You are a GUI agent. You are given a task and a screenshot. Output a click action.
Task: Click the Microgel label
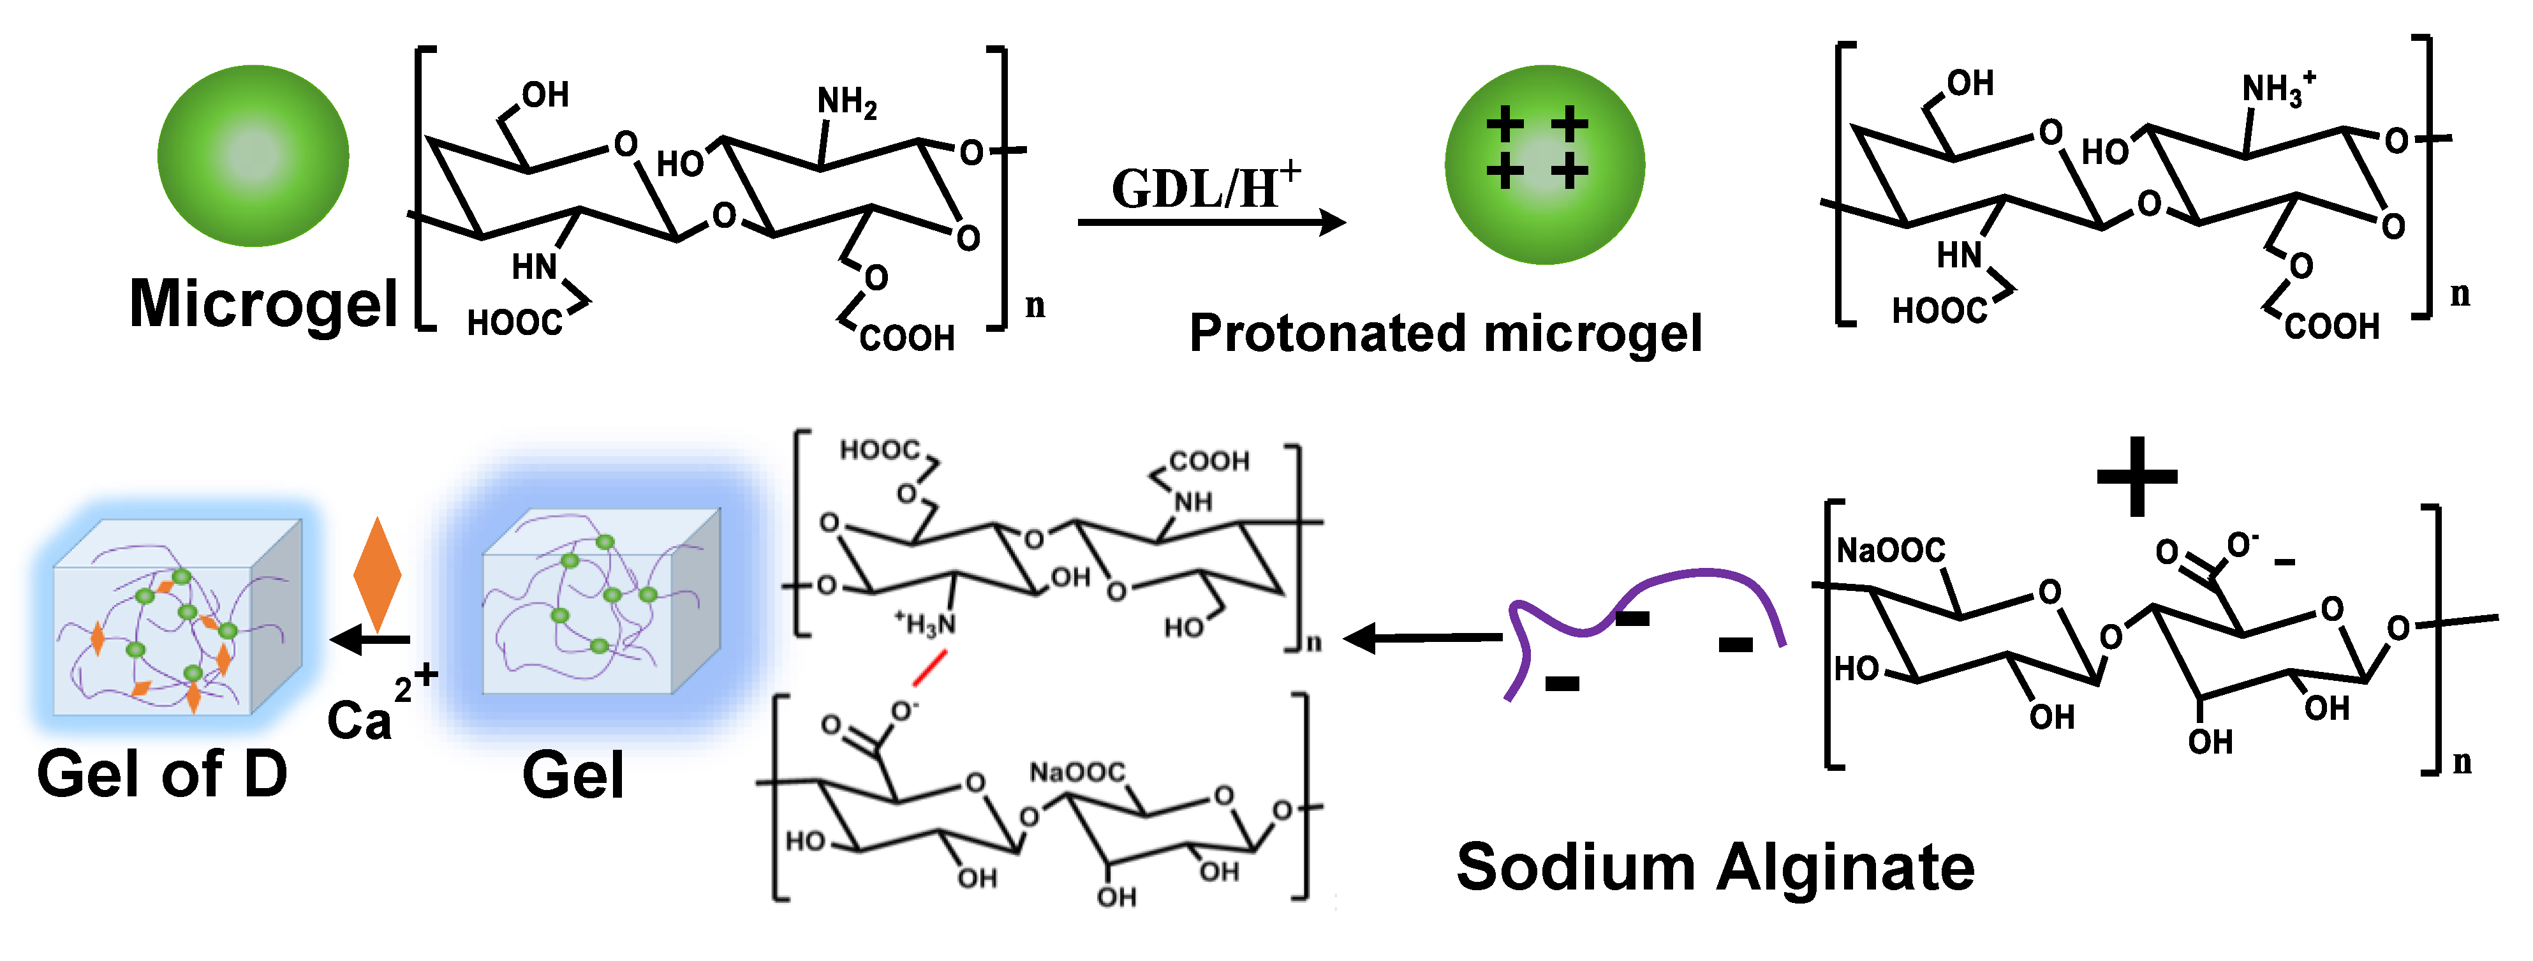click(263, 303)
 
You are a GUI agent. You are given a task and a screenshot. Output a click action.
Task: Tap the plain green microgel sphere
click(254, 156)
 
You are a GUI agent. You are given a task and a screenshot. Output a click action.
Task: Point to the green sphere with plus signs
click(1544, 164)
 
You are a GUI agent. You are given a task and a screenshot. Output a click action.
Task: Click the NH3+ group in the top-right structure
click(2277, 89)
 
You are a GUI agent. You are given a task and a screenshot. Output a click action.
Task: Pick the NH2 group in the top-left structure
click(846, 101)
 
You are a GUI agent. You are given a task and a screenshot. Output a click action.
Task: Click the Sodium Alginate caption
click(1716, 868)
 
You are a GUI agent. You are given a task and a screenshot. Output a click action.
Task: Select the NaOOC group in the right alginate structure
click(1891, 550)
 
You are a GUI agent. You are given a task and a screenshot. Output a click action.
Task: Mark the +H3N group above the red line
click(924, 623)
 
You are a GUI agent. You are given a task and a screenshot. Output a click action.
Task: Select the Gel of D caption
click(162, 774)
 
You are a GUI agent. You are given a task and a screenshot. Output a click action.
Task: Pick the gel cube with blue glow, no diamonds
click(600, 602)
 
